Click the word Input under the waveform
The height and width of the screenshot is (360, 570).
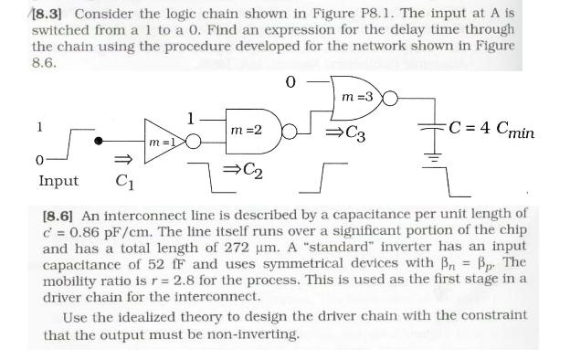click(58, 181)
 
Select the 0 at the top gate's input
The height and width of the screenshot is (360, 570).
click(290, 82)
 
